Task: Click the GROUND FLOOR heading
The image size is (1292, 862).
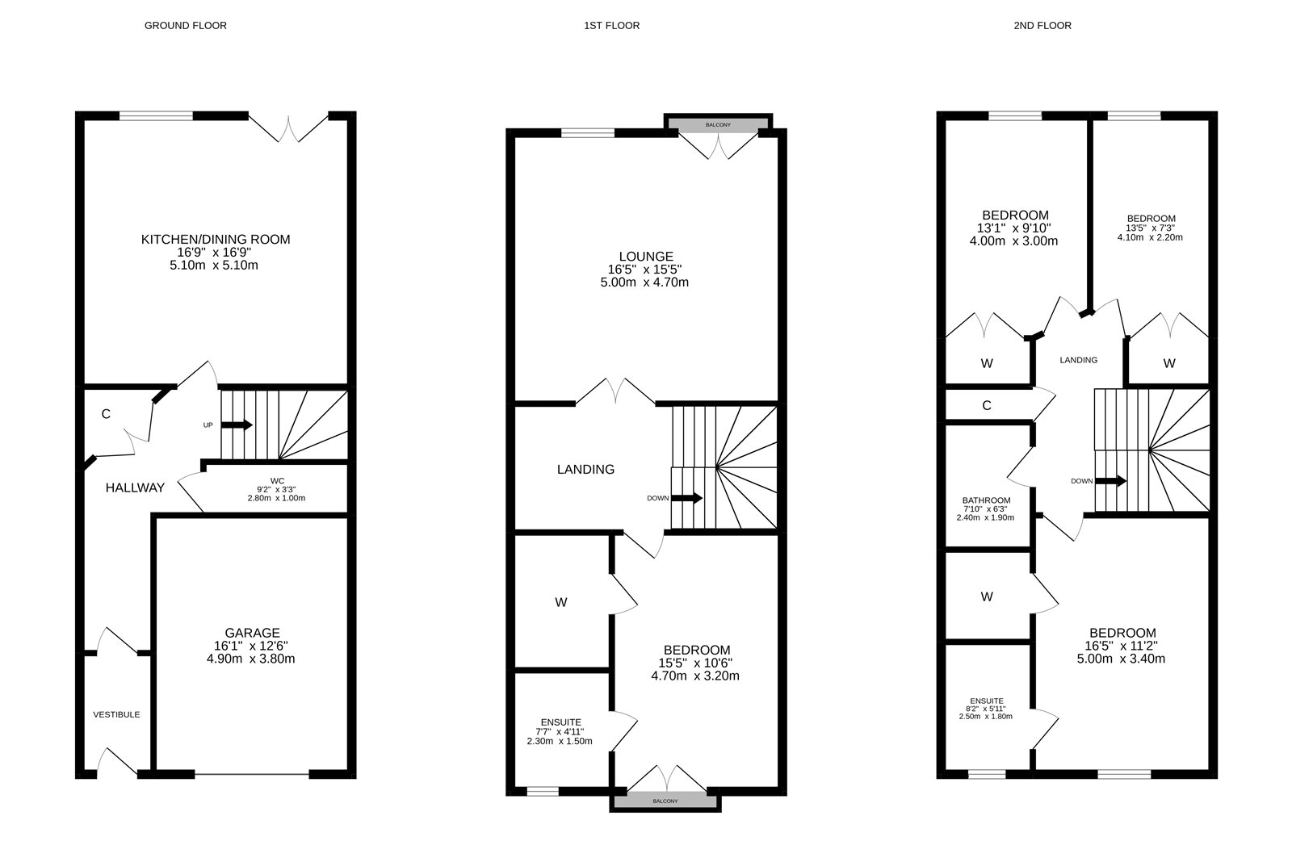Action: click(x=185, y=26)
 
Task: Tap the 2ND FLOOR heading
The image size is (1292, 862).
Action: click(x=1042, y=26)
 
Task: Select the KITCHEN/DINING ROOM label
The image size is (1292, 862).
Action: click(x=216, y=240)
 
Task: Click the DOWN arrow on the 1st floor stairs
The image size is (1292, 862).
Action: click(x=686, y=498)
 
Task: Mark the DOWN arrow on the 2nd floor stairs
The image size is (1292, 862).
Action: click(x=1111, y=481)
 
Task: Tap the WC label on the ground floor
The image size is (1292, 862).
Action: click(x=277, y=481)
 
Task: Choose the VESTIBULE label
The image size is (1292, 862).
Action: click(x=116, y=715)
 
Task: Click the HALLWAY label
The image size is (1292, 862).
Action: click(x=135, y=487)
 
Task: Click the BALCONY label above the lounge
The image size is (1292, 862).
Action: click(x=718, y=125)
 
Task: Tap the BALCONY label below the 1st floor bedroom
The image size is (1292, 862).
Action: click(x=665, y=801)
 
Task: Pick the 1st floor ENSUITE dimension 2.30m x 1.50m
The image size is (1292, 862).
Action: click(x=560, y=742)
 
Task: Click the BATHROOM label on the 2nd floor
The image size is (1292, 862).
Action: click(x=986, y=500)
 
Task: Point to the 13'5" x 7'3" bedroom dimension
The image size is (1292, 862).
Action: click(x=1151, y=228)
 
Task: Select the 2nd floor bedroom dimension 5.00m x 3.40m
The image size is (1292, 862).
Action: click(x=1122, y=659)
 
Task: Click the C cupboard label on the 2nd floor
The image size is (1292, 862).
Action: click(x=987, y=406)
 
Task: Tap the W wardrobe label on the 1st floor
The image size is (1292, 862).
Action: click(x=561, y=602)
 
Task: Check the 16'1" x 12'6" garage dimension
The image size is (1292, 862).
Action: click(x=252, y=646)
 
